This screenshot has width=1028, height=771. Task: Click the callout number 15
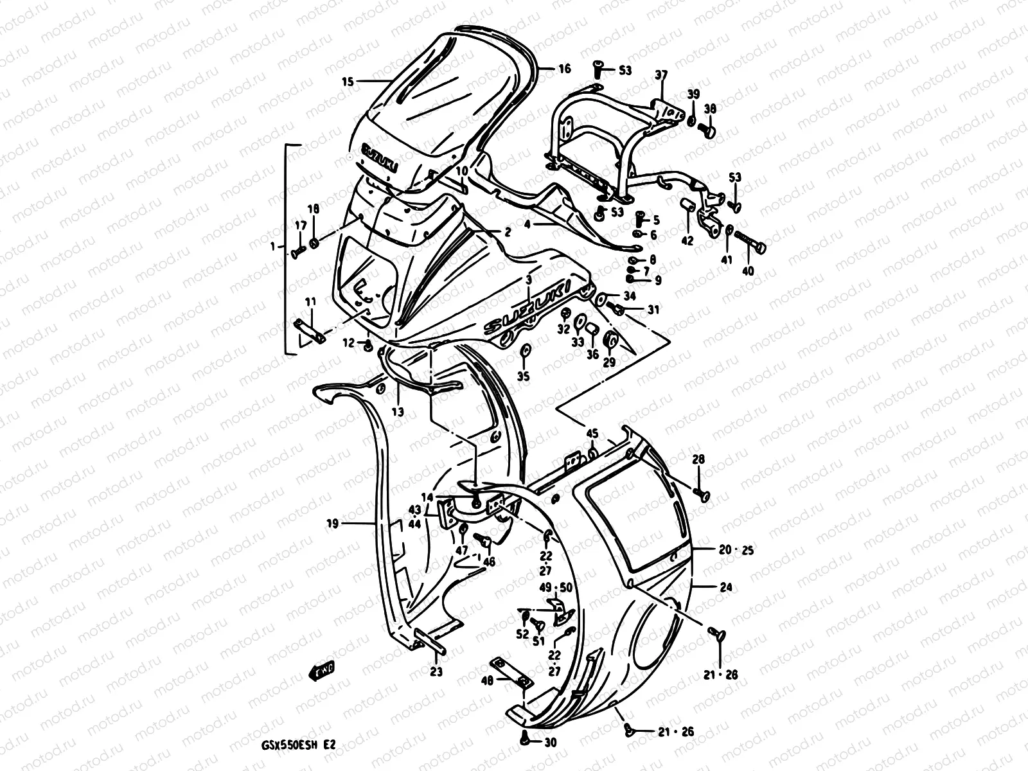pyautogui.click(x=348, y=82)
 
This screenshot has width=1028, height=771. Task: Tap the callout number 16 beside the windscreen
pyautogui.click(x=563, y=69)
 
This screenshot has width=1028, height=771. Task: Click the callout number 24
pyautogui.click(x=725, y=586)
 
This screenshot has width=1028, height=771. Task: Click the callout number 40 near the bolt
pyautogui.click(x=747, y=271)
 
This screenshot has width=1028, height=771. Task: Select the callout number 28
pyautogui.click(x=698, y=459)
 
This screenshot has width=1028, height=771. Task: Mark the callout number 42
pyautogui.click(x=687, y=241)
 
